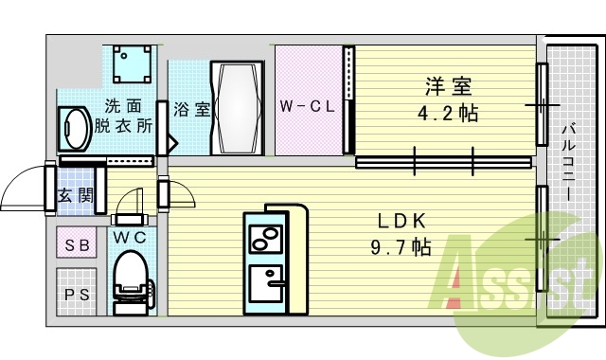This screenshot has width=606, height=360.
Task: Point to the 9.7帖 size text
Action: (402, 247)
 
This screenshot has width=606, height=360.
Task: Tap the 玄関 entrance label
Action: (75, 196)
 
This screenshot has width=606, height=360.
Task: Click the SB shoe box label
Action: (76, 245)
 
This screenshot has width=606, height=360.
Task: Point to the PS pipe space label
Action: (76, 294)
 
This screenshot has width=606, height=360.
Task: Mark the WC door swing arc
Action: (126, 201)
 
